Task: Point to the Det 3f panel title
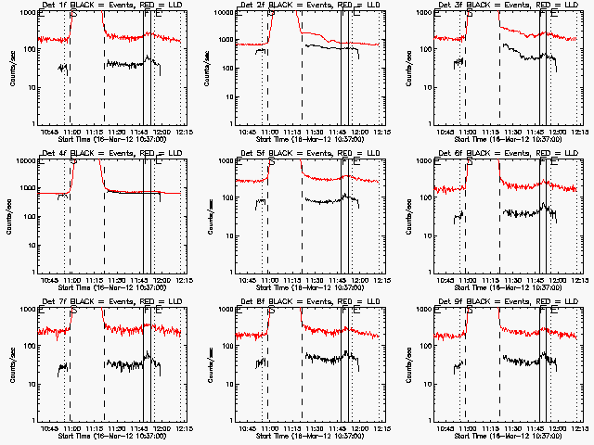pos(507,6)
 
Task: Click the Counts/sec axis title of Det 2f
pos(209,68)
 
